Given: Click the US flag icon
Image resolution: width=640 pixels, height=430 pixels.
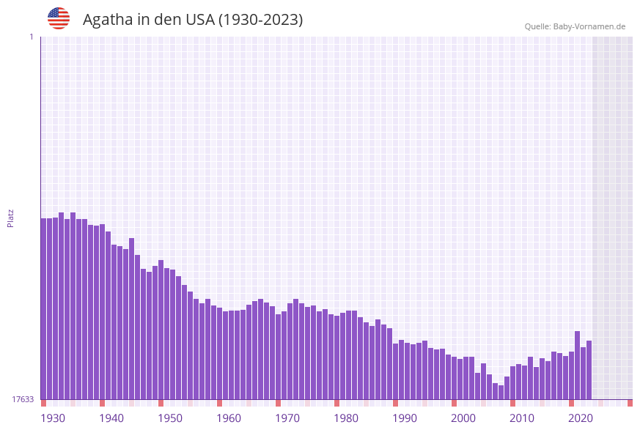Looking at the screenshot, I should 59,18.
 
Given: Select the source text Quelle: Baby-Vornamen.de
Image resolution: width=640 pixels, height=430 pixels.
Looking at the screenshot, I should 575,26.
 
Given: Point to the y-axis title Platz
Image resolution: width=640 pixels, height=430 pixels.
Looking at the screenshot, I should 11,218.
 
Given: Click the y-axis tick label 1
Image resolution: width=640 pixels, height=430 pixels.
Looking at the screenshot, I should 31,37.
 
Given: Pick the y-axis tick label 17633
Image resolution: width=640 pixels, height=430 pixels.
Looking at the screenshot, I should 23,399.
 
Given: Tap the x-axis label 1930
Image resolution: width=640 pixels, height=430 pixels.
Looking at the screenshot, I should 53,418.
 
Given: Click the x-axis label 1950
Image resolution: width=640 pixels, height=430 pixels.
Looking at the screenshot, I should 170,418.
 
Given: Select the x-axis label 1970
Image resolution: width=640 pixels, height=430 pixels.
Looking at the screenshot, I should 287,418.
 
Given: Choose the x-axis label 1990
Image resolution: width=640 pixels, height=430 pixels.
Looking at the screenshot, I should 405,418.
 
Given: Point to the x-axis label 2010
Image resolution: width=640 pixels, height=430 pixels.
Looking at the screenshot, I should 522,418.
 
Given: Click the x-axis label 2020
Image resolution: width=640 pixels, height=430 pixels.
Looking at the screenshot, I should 581,418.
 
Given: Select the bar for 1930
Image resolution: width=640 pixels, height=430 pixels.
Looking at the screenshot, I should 44,308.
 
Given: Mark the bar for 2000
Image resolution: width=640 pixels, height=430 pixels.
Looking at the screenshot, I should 455,378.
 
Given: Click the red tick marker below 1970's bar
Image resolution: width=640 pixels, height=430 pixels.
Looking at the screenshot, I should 279,403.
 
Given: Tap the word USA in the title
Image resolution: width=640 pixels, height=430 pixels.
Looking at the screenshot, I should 200,20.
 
